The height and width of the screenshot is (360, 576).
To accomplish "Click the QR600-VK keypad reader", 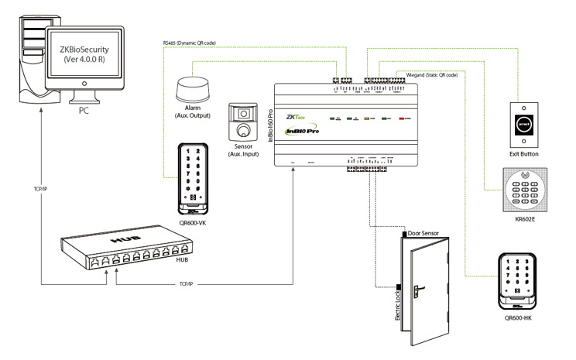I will pyautogui.click(x=190, y=177).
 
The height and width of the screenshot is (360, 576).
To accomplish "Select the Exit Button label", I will pyautogui.click(x=524, y=154).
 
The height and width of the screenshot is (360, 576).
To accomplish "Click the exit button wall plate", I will pyautogui.click(x=523, y=124).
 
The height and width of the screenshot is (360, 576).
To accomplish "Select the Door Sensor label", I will pyautogui.click(x=430, y=233).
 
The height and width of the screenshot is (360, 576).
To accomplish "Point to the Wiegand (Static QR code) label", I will pyautogui.click(x=426, y=74).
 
